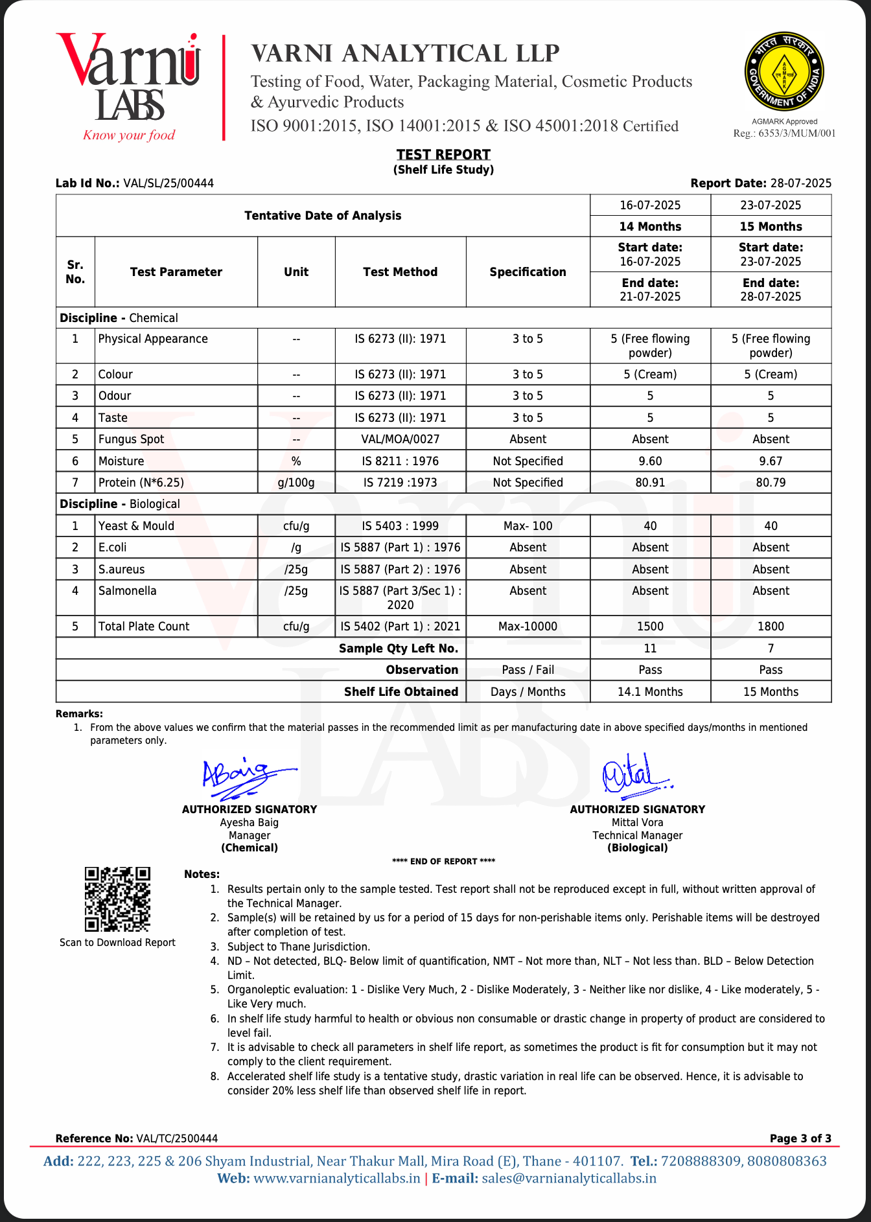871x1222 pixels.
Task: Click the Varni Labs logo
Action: pyautogui.click(x=128, y=87)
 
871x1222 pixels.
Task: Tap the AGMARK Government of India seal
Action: pyautogui.click(x=784, y=72)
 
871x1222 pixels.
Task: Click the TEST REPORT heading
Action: pyautogui.click(x=443, y=154)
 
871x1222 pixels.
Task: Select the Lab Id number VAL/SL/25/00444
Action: pyautogui.click(x=168, y=183)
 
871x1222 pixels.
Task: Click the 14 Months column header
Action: pyautogui.click(x=650, y=227)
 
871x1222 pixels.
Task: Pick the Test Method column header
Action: pyautogui.click(x=400, y=272)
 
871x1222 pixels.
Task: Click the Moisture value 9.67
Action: pyautogui.click(x=771, y=461)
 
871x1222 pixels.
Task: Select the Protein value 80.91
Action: pyautogui.click(x=650, y=483)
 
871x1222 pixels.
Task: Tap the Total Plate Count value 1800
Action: pyautogui.click(x=771, y=627)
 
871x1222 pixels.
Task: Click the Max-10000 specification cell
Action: pyautogui.click(x=528, y=627)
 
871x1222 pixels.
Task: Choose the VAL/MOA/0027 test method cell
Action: pyautogui.click(x=400, y=439)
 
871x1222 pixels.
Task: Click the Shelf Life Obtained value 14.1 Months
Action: pyautogui.click(x=650, y=692)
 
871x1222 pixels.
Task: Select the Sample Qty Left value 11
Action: pyautogui.click(x=650, y=649)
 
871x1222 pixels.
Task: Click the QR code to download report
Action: pyautogui.click(x=117, y=899)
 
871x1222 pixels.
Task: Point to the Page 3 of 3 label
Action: pyautogui.click(x=800, y=1138)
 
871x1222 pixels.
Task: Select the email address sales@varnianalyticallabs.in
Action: pyautogui.click(x=569, y=1179)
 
